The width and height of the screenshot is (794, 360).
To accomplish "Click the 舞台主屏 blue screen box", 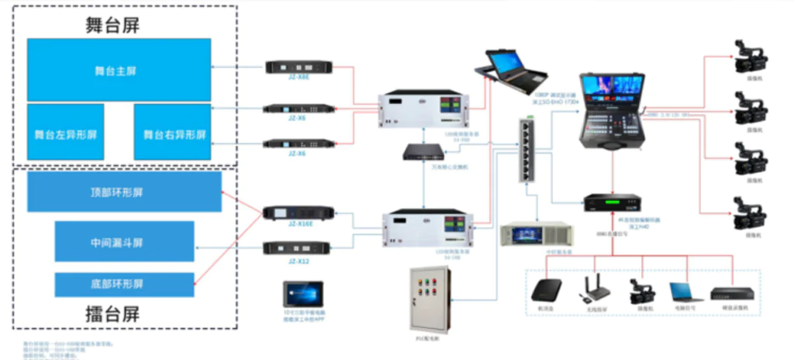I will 119,70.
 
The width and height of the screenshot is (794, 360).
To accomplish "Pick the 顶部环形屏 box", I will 124,192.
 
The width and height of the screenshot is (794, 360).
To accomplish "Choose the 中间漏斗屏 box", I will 124,241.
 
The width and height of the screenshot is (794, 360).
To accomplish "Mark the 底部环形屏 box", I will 124,285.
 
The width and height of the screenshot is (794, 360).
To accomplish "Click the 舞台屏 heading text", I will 112,23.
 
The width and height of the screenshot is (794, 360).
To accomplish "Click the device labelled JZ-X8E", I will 299,67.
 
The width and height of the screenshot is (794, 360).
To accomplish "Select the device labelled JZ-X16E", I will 299,213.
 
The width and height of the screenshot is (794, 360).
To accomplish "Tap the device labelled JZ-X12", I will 299,247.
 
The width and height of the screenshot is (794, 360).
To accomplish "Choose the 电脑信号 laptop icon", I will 685,292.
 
